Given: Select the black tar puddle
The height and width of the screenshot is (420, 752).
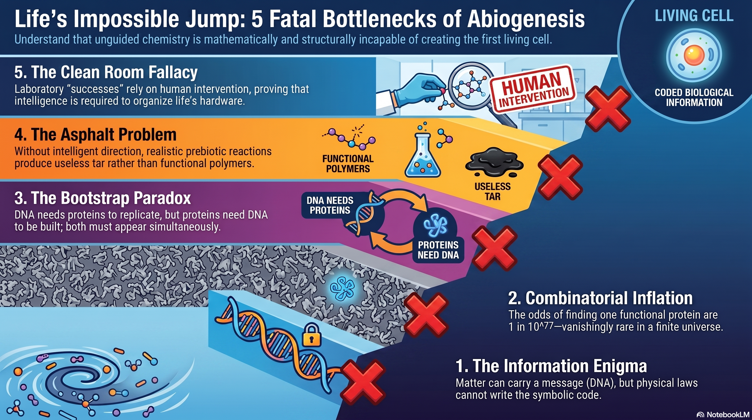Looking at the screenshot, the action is click(494, 162).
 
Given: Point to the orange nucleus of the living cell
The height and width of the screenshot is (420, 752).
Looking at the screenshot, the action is click(694, 55).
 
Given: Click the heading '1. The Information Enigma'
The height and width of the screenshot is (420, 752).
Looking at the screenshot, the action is click(551, 366).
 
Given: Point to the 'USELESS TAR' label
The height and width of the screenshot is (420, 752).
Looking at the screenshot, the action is click(492, 191).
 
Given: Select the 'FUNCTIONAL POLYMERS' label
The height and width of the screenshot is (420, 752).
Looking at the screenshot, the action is click(348, 164).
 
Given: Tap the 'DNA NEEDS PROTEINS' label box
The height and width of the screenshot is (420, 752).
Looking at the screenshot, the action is click(330, 205).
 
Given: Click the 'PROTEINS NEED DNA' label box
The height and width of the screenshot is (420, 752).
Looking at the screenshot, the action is click(438, 250).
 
